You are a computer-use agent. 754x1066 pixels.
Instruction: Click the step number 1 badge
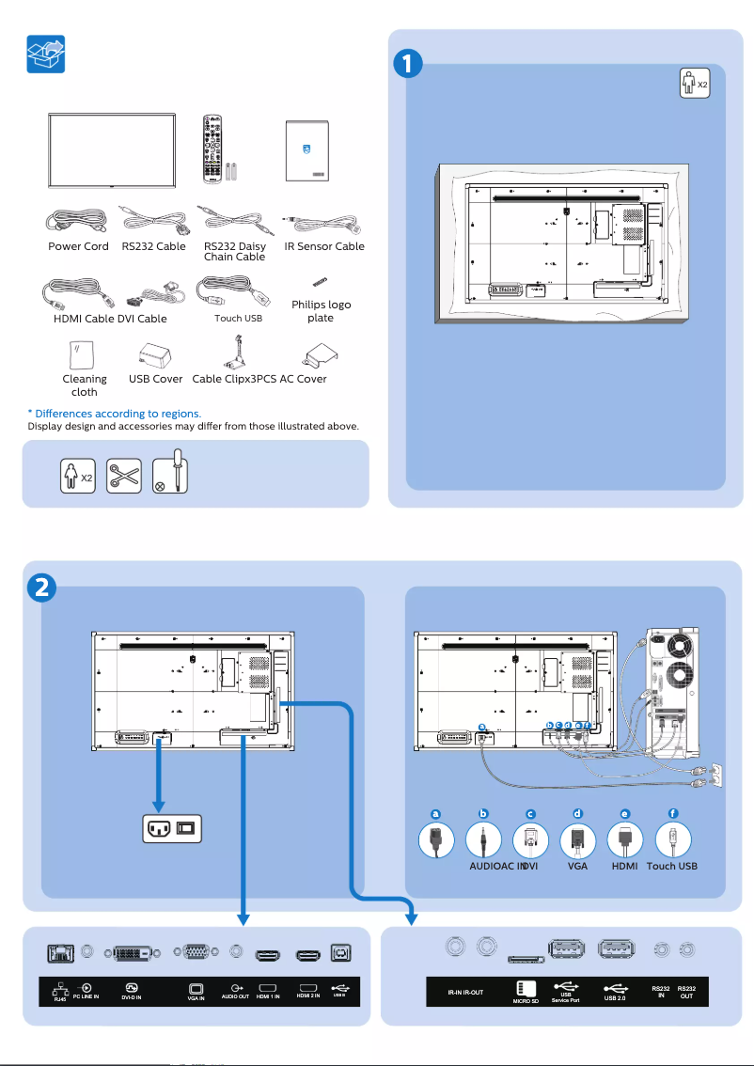point(405,65)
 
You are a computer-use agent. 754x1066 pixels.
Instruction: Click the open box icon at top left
point(45,55)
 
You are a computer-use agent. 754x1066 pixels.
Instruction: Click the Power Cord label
point(78,247)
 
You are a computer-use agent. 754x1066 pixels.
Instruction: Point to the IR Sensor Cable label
point(323,247)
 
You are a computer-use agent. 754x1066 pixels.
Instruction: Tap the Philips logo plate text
point(321,311)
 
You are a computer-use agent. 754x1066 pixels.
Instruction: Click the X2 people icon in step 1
point(693,84)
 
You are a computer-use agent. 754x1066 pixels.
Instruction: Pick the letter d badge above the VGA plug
point(577,813)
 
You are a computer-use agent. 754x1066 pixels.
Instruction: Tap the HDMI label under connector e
point(624,866)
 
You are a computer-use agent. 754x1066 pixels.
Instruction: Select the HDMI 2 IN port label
point(307,996)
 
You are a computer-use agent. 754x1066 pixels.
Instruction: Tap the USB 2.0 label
point(615,998)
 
